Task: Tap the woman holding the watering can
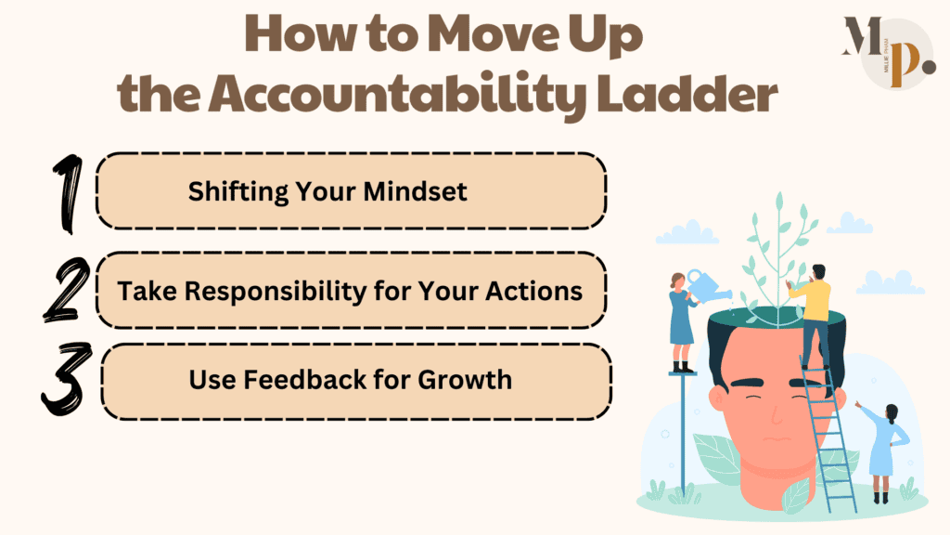pyautogui.click(x=681, y=316)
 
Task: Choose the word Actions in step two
pyautogui.click(x=539, y=290)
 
